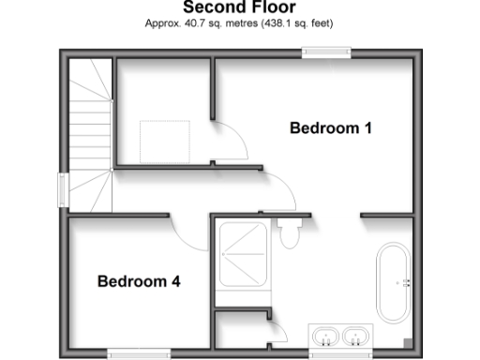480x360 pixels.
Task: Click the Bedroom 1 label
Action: point(330,128)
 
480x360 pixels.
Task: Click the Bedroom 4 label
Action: point(139,280)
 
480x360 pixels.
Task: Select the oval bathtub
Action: point(392,282)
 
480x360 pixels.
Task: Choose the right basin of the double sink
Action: point(354,336)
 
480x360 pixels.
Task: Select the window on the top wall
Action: point(326,53)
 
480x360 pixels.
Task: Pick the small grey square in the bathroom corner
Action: point(407,342)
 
